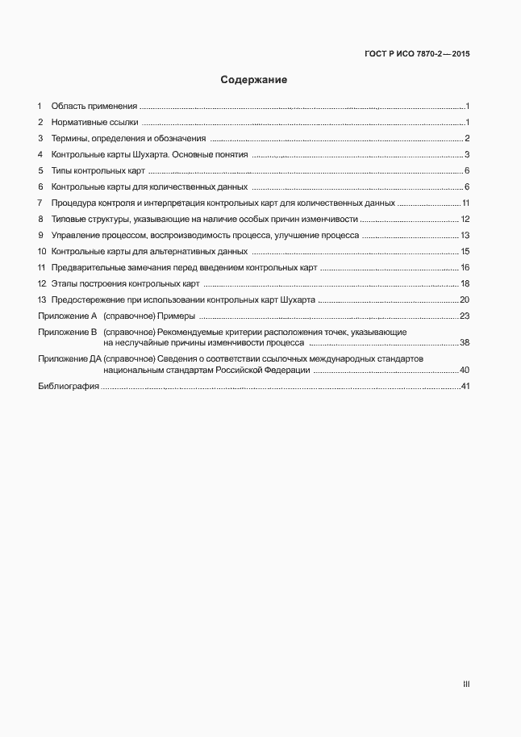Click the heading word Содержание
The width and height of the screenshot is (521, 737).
254,81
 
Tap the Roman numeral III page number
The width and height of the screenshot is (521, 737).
465,684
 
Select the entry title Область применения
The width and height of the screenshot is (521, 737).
94,107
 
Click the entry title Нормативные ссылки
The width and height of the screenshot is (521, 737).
95,123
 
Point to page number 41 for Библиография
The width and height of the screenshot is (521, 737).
465,387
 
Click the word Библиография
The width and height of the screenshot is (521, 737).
69,387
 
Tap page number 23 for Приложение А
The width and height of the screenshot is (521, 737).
465,316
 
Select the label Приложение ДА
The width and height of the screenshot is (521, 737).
69,358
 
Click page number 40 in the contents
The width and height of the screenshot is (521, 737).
465,370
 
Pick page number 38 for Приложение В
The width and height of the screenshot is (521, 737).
465,343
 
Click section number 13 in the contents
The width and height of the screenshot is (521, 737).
41,299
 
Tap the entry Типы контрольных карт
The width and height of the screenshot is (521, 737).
98,171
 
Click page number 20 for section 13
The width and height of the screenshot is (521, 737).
465,299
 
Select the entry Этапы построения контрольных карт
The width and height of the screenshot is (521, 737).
125,283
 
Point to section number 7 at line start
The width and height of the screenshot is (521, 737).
40,203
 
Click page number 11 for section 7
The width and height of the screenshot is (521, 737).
465,203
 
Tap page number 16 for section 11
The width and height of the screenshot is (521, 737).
465,267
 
